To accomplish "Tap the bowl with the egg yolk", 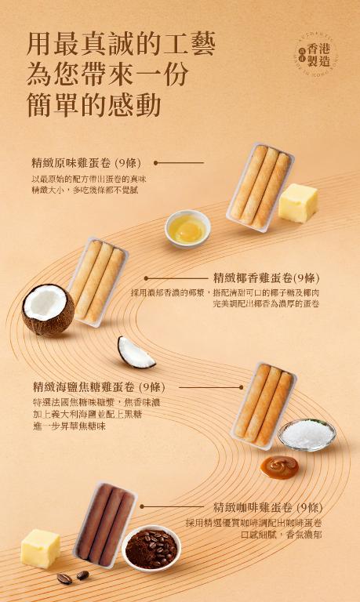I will click(x=187, y=227).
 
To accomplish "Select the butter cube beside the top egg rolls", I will click(x=297, y=202).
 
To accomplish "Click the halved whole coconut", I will click(x=47, y=310).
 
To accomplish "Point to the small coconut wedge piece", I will click(x=136, y=354).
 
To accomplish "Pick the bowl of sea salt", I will click(x=306, y=433).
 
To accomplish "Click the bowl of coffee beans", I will click(x=151, y=546).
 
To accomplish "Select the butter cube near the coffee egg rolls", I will click(x=40, y=548).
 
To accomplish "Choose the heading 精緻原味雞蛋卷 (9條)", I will click(x=85, y=163).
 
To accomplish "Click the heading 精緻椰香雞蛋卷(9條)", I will click(x=267, y=277).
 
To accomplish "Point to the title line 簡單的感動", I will click(x=94, y=105).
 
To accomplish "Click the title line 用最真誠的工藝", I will click(x=121, y=42).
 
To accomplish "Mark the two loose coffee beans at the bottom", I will click(x=72, y=578).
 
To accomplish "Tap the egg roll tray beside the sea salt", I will click(x=264, y=404).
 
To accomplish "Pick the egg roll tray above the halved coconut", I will click(x=96, y=281).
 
